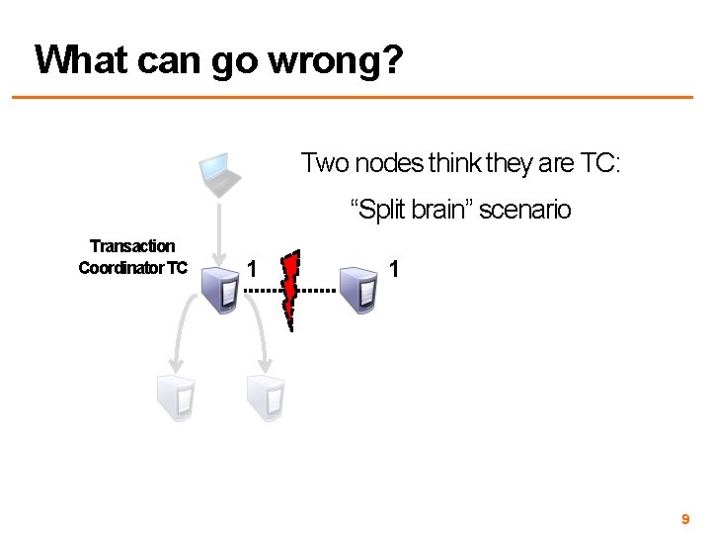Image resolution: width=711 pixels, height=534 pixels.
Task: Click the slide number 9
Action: click(683, 519)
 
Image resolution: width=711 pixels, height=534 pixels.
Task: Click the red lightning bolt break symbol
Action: click(291, 291)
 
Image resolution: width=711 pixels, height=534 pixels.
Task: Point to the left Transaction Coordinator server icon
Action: click(218, 289)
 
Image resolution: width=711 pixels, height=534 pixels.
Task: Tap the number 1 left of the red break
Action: click(254, 269)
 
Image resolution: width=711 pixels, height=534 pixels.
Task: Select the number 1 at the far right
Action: click(394, 269)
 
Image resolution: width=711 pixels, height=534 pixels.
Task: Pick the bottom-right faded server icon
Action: click(264, 399)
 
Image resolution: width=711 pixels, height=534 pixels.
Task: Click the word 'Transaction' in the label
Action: click(132, 246)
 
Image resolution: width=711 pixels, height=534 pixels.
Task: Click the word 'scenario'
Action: click(525, 211)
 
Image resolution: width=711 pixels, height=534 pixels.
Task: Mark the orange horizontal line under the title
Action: click(355, 97)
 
